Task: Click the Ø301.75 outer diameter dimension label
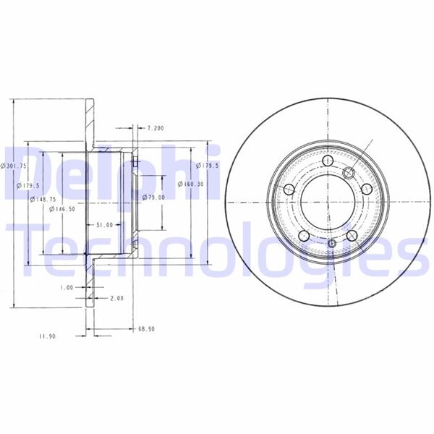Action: pos(14,166)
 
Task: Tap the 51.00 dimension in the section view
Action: pos(105,225)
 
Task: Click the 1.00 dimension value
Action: pos(67,287)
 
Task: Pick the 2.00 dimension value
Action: pos(117,297)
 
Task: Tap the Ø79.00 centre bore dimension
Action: pos(154,197)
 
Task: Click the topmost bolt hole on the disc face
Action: pos(328,161)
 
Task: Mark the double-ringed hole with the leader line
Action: pos(348,172)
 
